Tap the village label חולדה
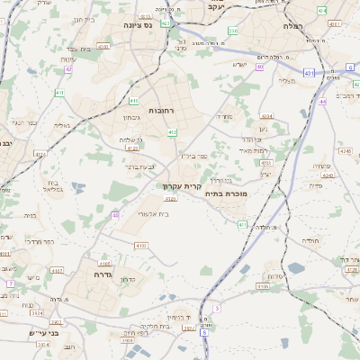pyautogui.click(x=311, y=241)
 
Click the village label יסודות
pyautogui.click(x=276, y=275)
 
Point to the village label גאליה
pyautogui.click(x=59, y=126)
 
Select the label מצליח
pyautogui.click(x=288, y=82)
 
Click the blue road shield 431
pyautogui.click(x=309, y=72)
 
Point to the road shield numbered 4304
pyautogui.click(x=266, y=116)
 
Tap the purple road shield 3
pyautogui.click(x=216, y=309)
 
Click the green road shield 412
pyautogui.click(x=171, y=132)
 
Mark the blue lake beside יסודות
pyautogui.click(x=270, y=267)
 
